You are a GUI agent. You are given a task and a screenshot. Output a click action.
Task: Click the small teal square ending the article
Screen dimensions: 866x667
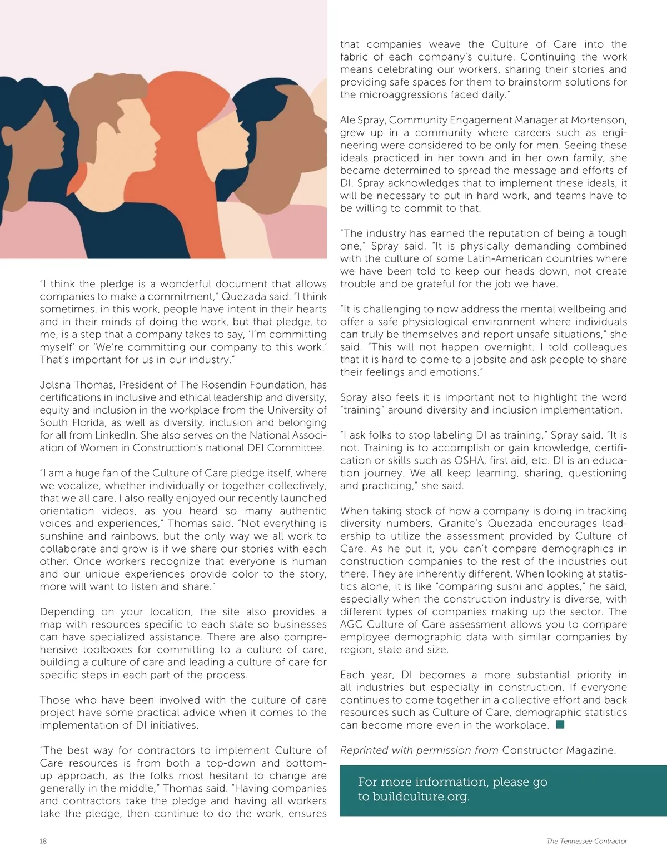(x=560, y=724)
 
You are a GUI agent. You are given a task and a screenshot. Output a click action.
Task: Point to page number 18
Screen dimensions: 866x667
(x=43, y=841)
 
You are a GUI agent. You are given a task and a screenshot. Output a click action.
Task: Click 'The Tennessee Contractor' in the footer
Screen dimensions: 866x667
(x=586, y=841)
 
